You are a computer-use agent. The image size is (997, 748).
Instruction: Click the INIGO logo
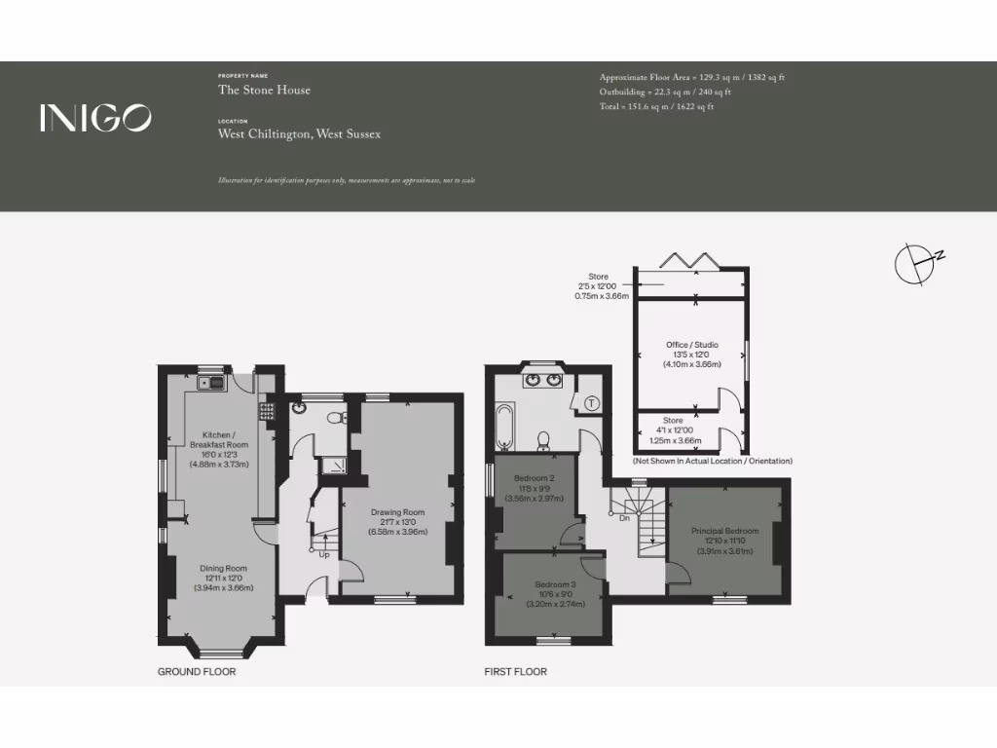coord(95,118)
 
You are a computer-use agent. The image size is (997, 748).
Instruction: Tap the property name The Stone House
coord(264,91)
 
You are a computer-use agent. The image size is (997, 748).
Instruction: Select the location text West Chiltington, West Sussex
coord(299,133)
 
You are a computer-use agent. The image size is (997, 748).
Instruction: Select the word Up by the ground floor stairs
coord(323,555)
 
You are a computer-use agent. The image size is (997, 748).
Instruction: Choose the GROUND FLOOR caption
coord(197,672)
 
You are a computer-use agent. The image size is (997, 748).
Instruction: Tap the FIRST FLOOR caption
coord(516,672)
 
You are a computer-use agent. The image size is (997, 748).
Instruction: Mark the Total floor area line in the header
coord(656,107)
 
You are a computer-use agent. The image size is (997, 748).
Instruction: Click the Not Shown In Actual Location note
coord(712,461)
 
